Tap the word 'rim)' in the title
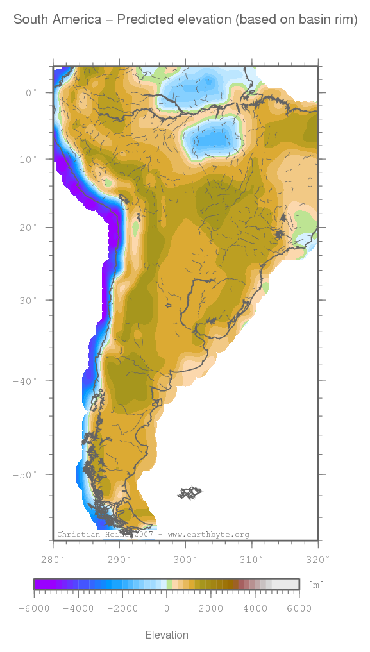pyautogui.click(x=344, y=20)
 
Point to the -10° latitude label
pyautogui.click(x=26, y=159)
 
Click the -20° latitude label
pyautogui.click(x=26, y=228)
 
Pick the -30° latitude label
pyautogui.click(x=26, y=300)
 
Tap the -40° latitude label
pyautogui.click(x=26, y=381)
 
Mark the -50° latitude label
pyautogui.click(x=26, y=474)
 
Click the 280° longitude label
pyautogui.click(x=53, y=559)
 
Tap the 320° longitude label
pyautogui.click(x=318, y=559)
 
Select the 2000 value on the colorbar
pyautogui.click(x=211, y=608)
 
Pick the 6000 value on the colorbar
pyautogui.click(x=299, y=608)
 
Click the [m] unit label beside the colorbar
pyautogui.click(x=316, y=585)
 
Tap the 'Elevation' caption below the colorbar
pyautogui.click(x=167, y=635)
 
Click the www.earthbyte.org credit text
pyautogui.click(x=208, y=534)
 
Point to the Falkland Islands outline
pyautogui.click(x=190, y=493)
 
